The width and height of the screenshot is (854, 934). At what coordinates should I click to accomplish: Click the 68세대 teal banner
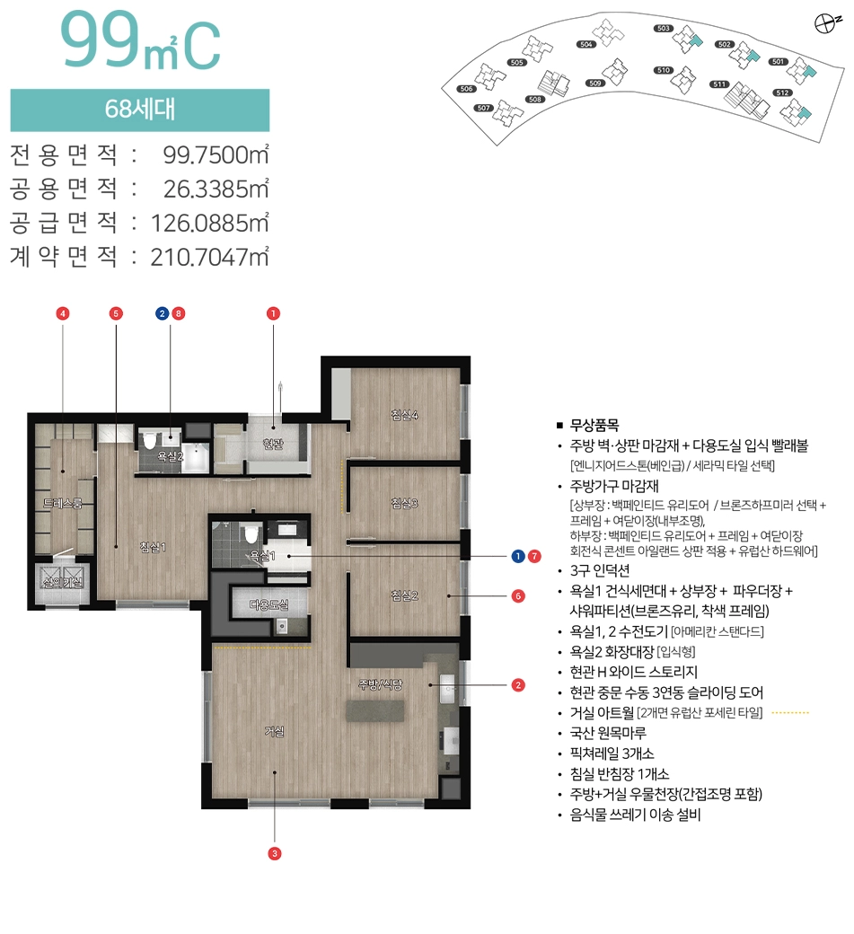(x=139, y=110)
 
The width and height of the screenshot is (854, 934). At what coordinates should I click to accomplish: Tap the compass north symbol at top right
(x=821, y=24)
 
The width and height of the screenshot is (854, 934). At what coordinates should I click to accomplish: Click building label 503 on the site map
(x=664, y=29)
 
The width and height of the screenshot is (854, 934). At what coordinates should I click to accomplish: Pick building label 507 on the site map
(x=482, y=107)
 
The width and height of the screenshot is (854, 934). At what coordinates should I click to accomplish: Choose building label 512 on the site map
(x=781, y=93)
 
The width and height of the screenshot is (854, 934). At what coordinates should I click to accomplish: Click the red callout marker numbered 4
(x=63, y=313)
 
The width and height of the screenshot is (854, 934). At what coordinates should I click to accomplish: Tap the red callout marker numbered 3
(x=275, y=853)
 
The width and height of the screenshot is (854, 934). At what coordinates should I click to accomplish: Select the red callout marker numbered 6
(x=518, y=595)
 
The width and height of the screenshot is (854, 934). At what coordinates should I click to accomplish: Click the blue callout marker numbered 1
(x=518, y=557)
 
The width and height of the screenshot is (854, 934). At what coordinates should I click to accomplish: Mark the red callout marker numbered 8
(x=179, y=313)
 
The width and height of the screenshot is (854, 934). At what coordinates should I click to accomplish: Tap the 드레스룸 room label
(x=62, y=504)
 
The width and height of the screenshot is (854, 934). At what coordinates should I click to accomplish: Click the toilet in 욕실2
(x=149, y=439)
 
